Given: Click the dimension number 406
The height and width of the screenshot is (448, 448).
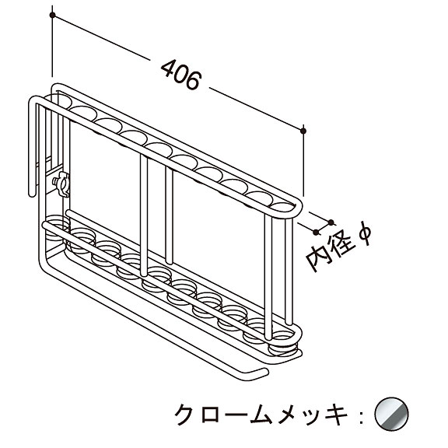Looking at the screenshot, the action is [x=181, y=75].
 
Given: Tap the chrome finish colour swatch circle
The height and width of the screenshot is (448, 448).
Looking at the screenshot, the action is [x=391, y=414].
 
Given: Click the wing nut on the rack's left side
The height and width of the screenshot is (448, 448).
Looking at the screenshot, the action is [x=61, y=184].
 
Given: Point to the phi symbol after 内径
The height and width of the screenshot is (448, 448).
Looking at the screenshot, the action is [x=364, y=233].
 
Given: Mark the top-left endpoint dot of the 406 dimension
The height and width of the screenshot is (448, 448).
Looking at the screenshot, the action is [x=52, y=15].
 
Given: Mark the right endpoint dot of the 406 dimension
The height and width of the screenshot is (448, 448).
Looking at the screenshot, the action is [x=303, y=131].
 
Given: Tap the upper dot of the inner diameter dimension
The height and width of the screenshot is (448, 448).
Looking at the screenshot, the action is [x=331, y=222].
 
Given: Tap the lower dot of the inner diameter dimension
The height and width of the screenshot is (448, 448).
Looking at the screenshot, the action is [x=316, y=233].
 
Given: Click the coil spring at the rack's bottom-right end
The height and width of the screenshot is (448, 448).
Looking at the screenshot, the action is [x=282, y=344].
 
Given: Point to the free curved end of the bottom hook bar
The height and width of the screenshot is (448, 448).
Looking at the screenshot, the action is [x=264, y=372].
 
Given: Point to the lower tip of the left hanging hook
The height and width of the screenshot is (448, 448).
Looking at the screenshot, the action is [x=32, y=194].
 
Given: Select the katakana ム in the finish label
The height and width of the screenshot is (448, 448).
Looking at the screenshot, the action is [x=261, y=414].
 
